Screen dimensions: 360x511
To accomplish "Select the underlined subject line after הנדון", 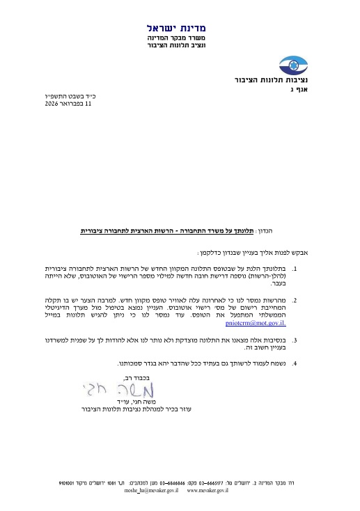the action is coord(187,229).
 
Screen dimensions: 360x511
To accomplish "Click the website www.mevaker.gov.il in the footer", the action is coord(208,490).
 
